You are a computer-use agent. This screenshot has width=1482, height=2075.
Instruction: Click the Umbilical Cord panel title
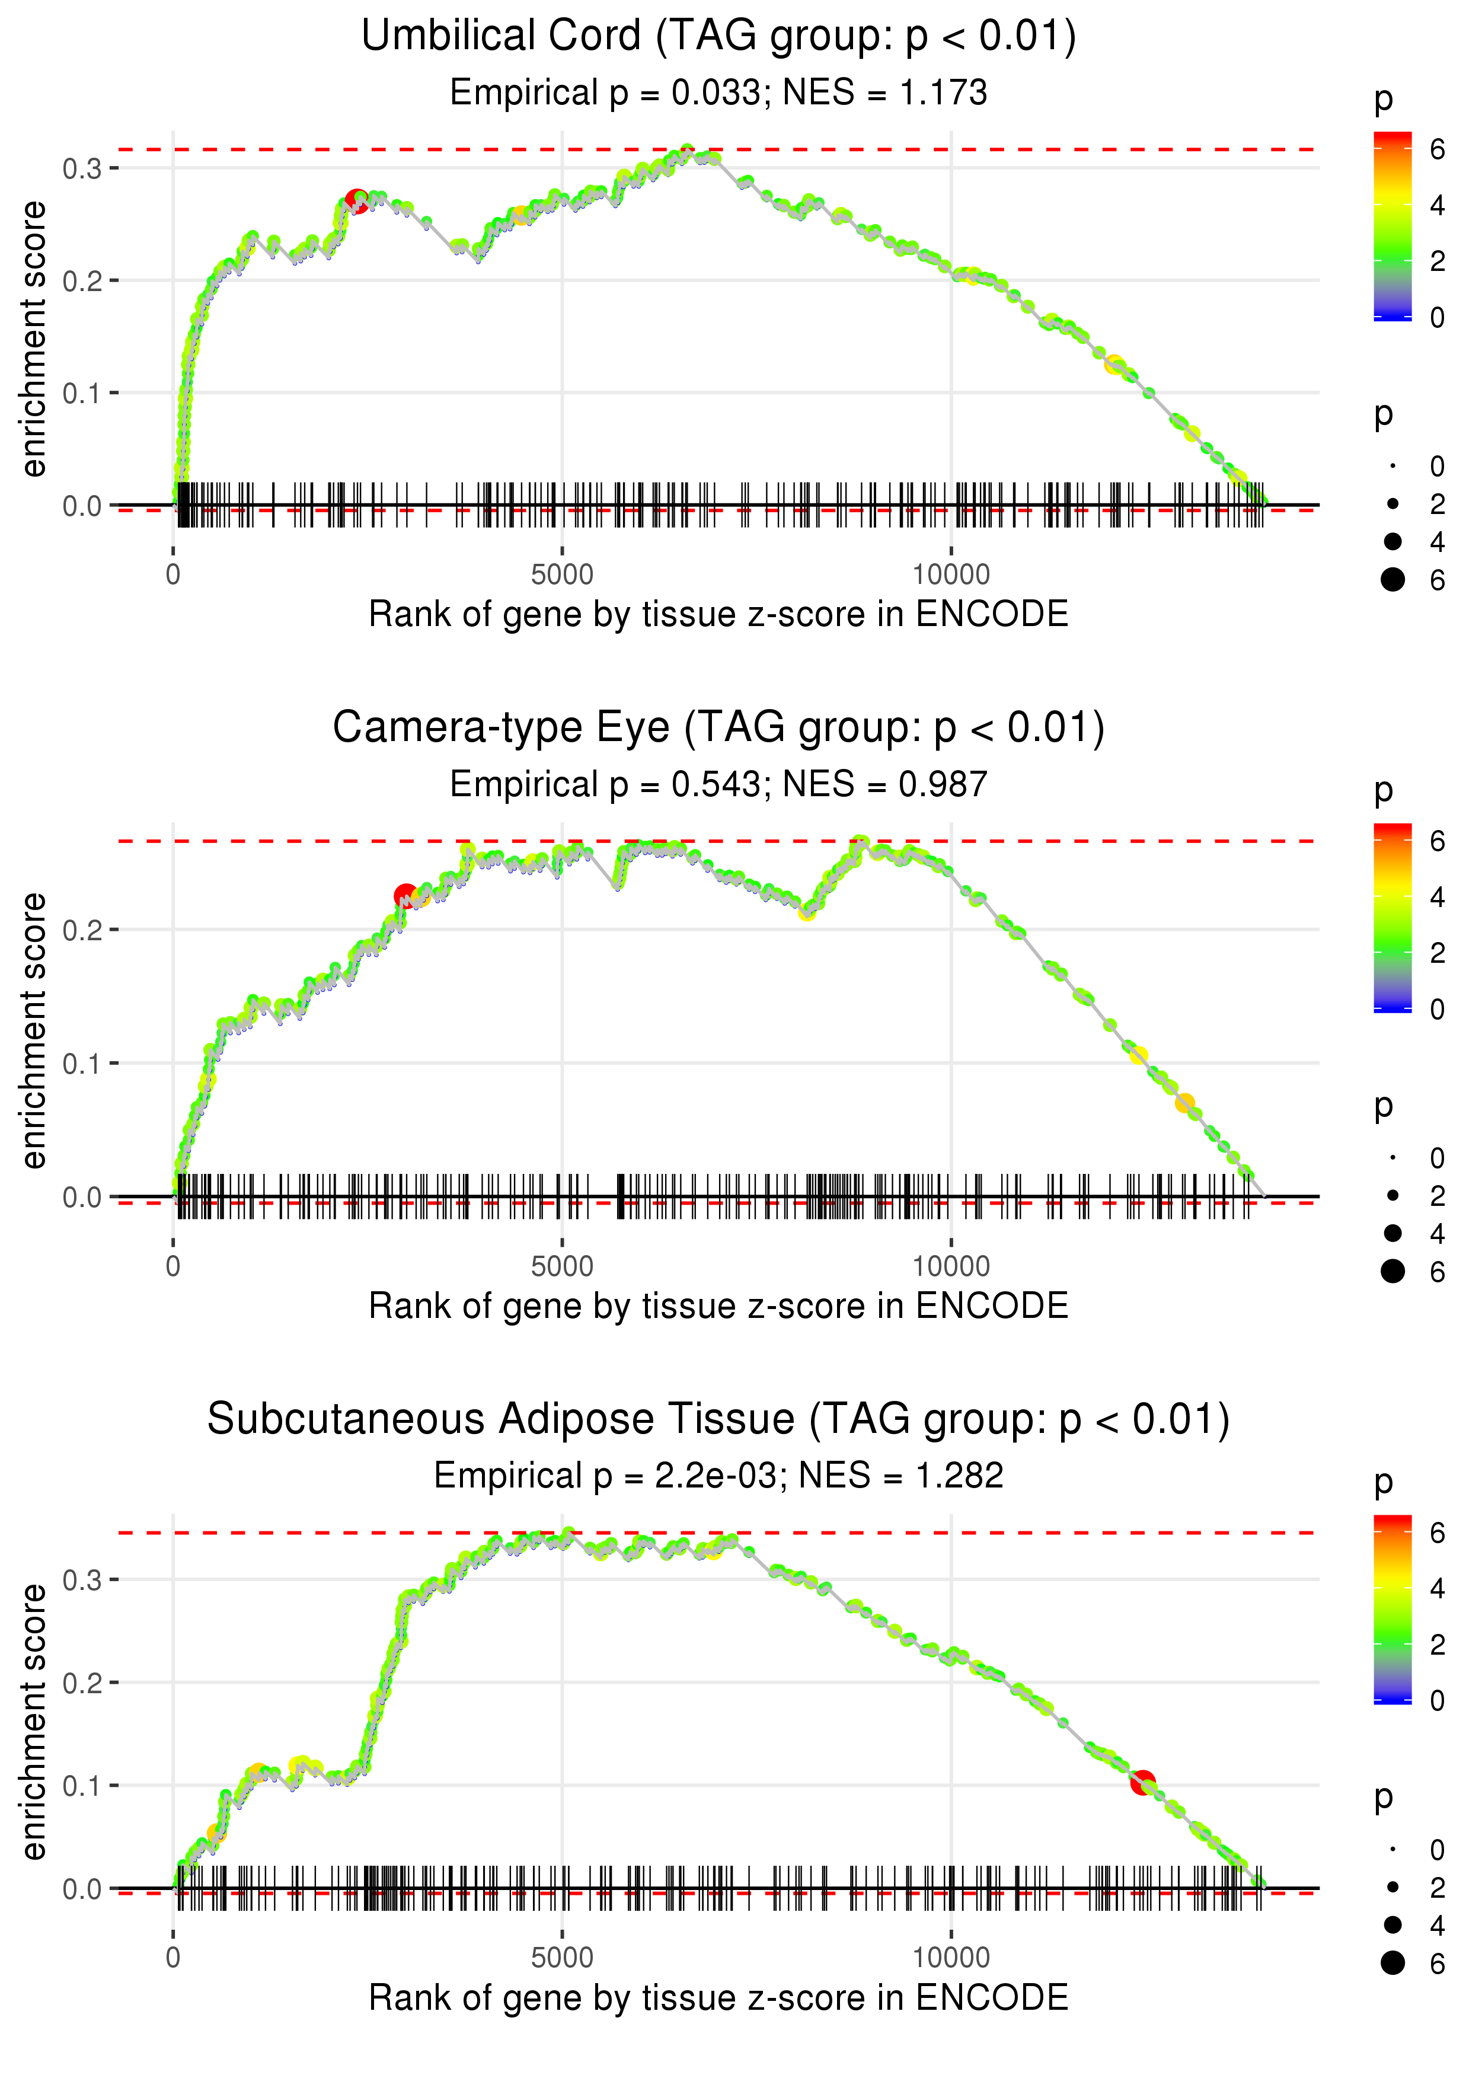(x=718, y=37)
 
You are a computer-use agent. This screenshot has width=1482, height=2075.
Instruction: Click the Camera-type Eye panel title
(x=718, y=728)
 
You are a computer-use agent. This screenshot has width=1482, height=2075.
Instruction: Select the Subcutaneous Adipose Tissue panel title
(x=718, y=1420)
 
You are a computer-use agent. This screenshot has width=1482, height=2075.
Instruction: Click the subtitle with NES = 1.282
(x=718, y=1476)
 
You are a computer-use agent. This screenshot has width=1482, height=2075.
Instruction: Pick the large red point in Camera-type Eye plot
(x=405, y=896)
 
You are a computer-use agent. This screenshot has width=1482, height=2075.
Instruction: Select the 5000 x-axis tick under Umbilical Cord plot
(x=562, y=575)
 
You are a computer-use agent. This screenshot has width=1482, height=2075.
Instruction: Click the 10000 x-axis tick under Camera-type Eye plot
(x=951, y=1266)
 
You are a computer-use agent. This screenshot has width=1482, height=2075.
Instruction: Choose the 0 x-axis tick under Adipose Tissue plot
(x=173, y=1958)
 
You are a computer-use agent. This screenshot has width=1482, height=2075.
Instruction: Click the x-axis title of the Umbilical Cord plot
(x=718, y=615)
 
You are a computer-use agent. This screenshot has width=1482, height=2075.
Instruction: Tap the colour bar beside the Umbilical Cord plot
(x=1392, y=226)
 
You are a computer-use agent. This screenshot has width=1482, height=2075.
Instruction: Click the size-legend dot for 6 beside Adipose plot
(x=1392, y=1963)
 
